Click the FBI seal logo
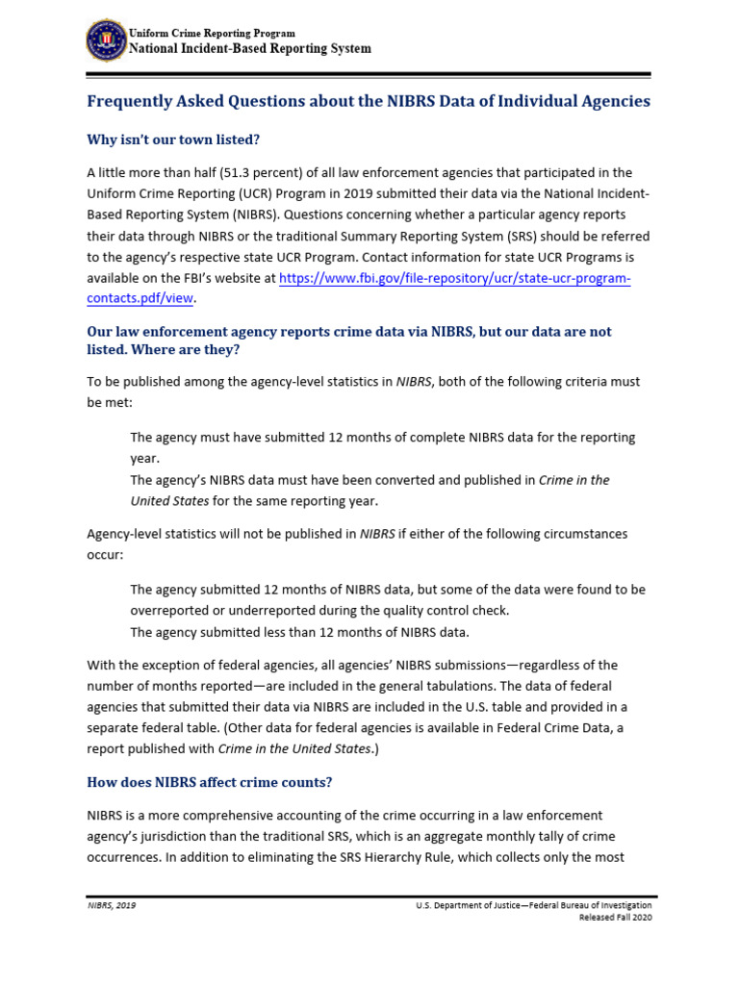coord(105,40)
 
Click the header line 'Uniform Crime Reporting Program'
coord(212,33)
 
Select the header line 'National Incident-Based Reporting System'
coord(249,49)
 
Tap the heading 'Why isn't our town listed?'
coord(173,139)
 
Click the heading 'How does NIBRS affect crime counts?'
coord(210,781)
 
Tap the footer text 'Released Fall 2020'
coord(615,919)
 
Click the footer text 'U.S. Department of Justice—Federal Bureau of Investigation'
coord(533,906)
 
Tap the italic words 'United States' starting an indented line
coord(169,500)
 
